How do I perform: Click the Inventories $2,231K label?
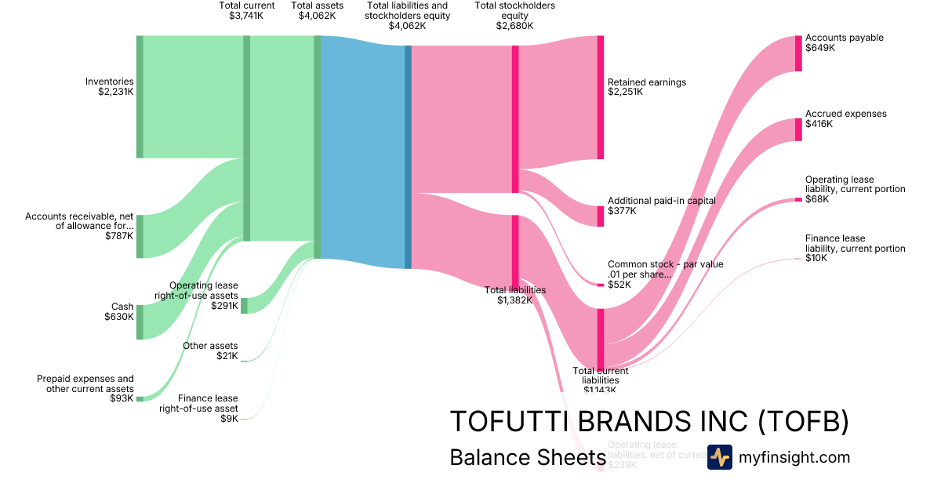110,86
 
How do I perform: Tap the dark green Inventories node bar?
140,96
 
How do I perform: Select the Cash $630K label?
119,311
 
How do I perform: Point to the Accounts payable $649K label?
844,42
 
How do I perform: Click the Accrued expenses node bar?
798,129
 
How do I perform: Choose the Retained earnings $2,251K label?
646,86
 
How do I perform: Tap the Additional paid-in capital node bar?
601,216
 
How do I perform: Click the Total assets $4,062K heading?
317,10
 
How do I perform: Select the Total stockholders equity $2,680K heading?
514,15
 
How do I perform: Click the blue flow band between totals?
362,149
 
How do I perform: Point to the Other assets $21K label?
210,351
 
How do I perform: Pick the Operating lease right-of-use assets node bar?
244,306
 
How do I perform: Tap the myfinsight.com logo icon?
719,457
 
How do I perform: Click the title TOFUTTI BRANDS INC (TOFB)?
649,422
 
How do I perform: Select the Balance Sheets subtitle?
522,457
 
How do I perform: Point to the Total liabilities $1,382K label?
515,295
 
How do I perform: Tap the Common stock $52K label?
665,274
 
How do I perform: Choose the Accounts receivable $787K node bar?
140,235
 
